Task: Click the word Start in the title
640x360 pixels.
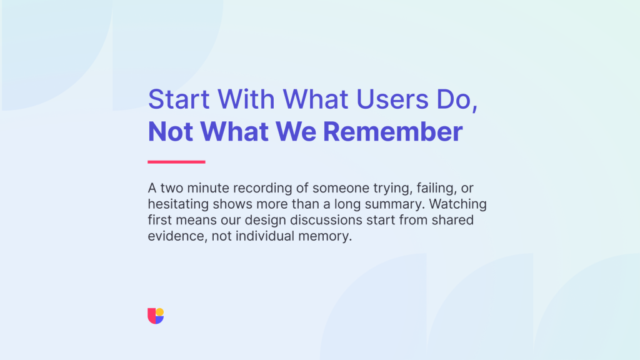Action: tap(179, 99)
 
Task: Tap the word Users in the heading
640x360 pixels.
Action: tap(392, 99)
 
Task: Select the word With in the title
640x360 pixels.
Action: tap(246, 99)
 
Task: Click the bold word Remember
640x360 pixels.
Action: tap(392, 131)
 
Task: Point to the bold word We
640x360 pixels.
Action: tap(296, 131)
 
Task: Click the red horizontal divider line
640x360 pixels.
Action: tap(176, 162)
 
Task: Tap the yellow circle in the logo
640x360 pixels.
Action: tap(159, 312)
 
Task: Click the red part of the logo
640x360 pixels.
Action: tap(151, 316)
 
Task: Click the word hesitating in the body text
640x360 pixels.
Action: tap(178, 204)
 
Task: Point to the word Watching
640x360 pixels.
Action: tap(457, 204)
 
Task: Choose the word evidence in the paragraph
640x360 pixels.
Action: tap(176, 236)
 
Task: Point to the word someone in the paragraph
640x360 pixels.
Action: tap(341, 188)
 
